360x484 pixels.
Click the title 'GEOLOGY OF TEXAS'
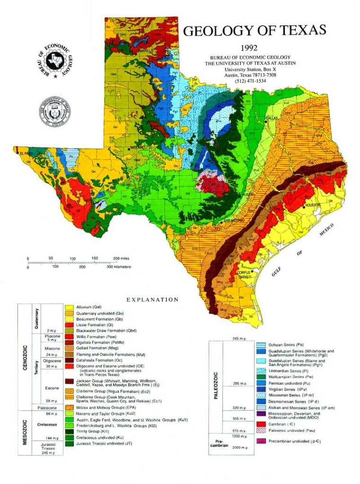(x=255, y=31)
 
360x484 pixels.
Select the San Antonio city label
(x=233, y=220)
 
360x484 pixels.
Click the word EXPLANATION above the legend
(x=152, y=300)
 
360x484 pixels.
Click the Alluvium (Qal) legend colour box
(x=69, y=308)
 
